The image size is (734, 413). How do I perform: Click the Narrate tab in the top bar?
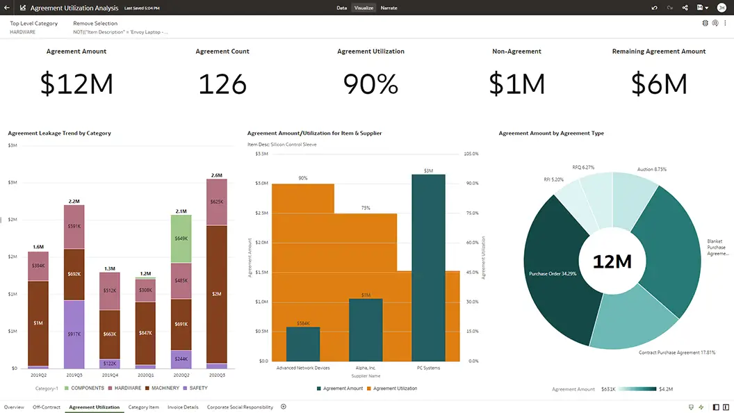389,8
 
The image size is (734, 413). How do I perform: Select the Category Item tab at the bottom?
143,407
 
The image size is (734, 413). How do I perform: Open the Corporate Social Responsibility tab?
240,407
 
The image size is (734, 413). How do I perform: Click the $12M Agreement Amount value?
76,84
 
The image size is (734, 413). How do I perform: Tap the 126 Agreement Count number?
222,84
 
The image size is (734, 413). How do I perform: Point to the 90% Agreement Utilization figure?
370,84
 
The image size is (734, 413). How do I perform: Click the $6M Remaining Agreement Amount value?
658,84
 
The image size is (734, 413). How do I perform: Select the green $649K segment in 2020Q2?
181,238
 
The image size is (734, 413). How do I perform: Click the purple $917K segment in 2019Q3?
74,334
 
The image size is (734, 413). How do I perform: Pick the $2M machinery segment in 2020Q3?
217,294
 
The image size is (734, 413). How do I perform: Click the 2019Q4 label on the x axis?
110,375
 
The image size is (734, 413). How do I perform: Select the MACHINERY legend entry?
165,388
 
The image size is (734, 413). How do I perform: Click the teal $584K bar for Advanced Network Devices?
303,343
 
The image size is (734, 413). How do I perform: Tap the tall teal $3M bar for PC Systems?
428,268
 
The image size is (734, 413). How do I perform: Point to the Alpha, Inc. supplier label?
365,368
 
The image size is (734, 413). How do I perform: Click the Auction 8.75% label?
651,169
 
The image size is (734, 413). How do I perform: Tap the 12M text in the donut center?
612,261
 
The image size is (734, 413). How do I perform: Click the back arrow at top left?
6,8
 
